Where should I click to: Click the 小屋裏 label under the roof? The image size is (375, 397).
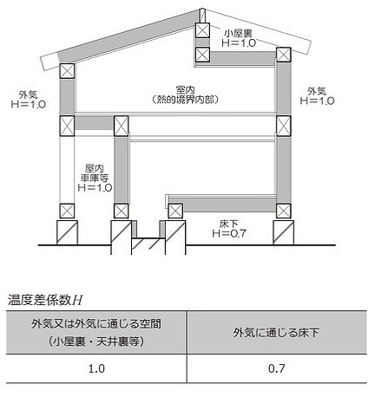[239, 34]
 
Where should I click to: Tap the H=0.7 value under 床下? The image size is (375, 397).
[229, 233]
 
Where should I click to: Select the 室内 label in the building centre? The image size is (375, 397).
[185, 90]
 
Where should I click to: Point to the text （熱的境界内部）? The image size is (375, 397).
[185, 100]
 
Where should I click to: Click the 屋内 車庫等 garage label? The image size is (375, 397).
[95, 173]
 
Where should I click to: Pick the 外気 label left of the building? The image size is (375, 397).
[28, 94]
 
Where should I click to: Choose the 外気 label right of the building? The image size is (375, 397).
[317, 92]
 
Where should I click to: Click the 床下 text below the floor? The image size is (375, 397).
[229, 224]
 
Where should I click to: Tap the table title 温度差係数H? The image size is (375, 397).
[45, 300]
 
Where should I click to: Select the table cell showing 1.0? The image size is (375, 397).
[96, 368]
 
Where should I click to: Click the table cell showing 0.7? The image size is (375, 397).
[277, 368]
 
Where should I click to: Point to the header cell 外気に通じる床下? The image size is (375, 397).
[277, 332]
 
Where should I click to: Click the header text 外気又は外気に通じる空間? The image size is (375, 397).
[96, 324]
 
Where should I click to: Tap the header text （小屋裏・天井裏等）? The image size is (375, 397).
[96, 342]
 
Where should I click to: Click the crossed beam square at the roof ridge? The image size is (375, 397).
[202, 30]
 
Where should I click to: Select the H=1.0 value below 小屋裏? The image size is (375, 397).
[239, 42]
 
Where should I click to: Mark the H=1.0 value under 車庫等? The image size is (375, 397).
[95, 187]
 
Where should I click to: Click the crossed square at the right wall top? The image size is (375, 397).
[284, 55]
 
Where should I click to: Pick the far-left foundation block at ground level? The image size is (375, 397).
[67, 232]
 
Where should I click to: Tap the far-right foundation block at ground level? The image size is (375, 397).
[284, 232]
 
